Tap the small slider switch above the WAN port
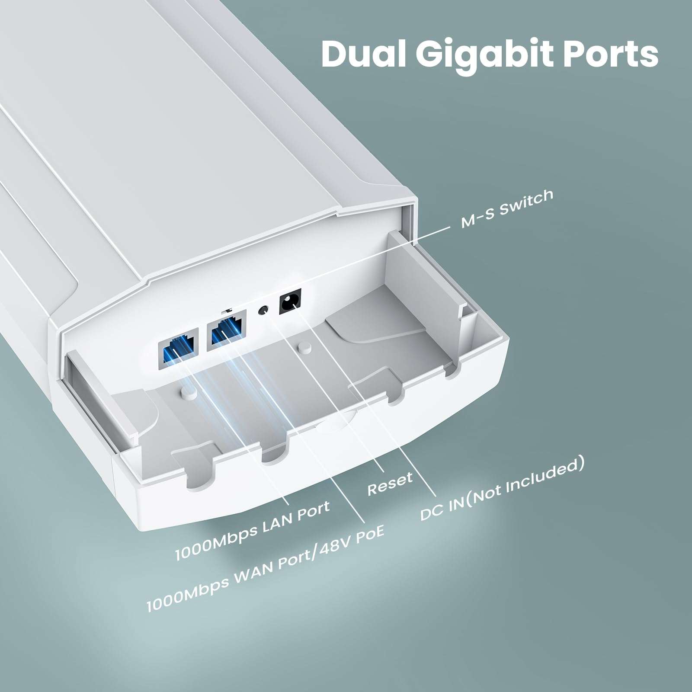tap(227, 310)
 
